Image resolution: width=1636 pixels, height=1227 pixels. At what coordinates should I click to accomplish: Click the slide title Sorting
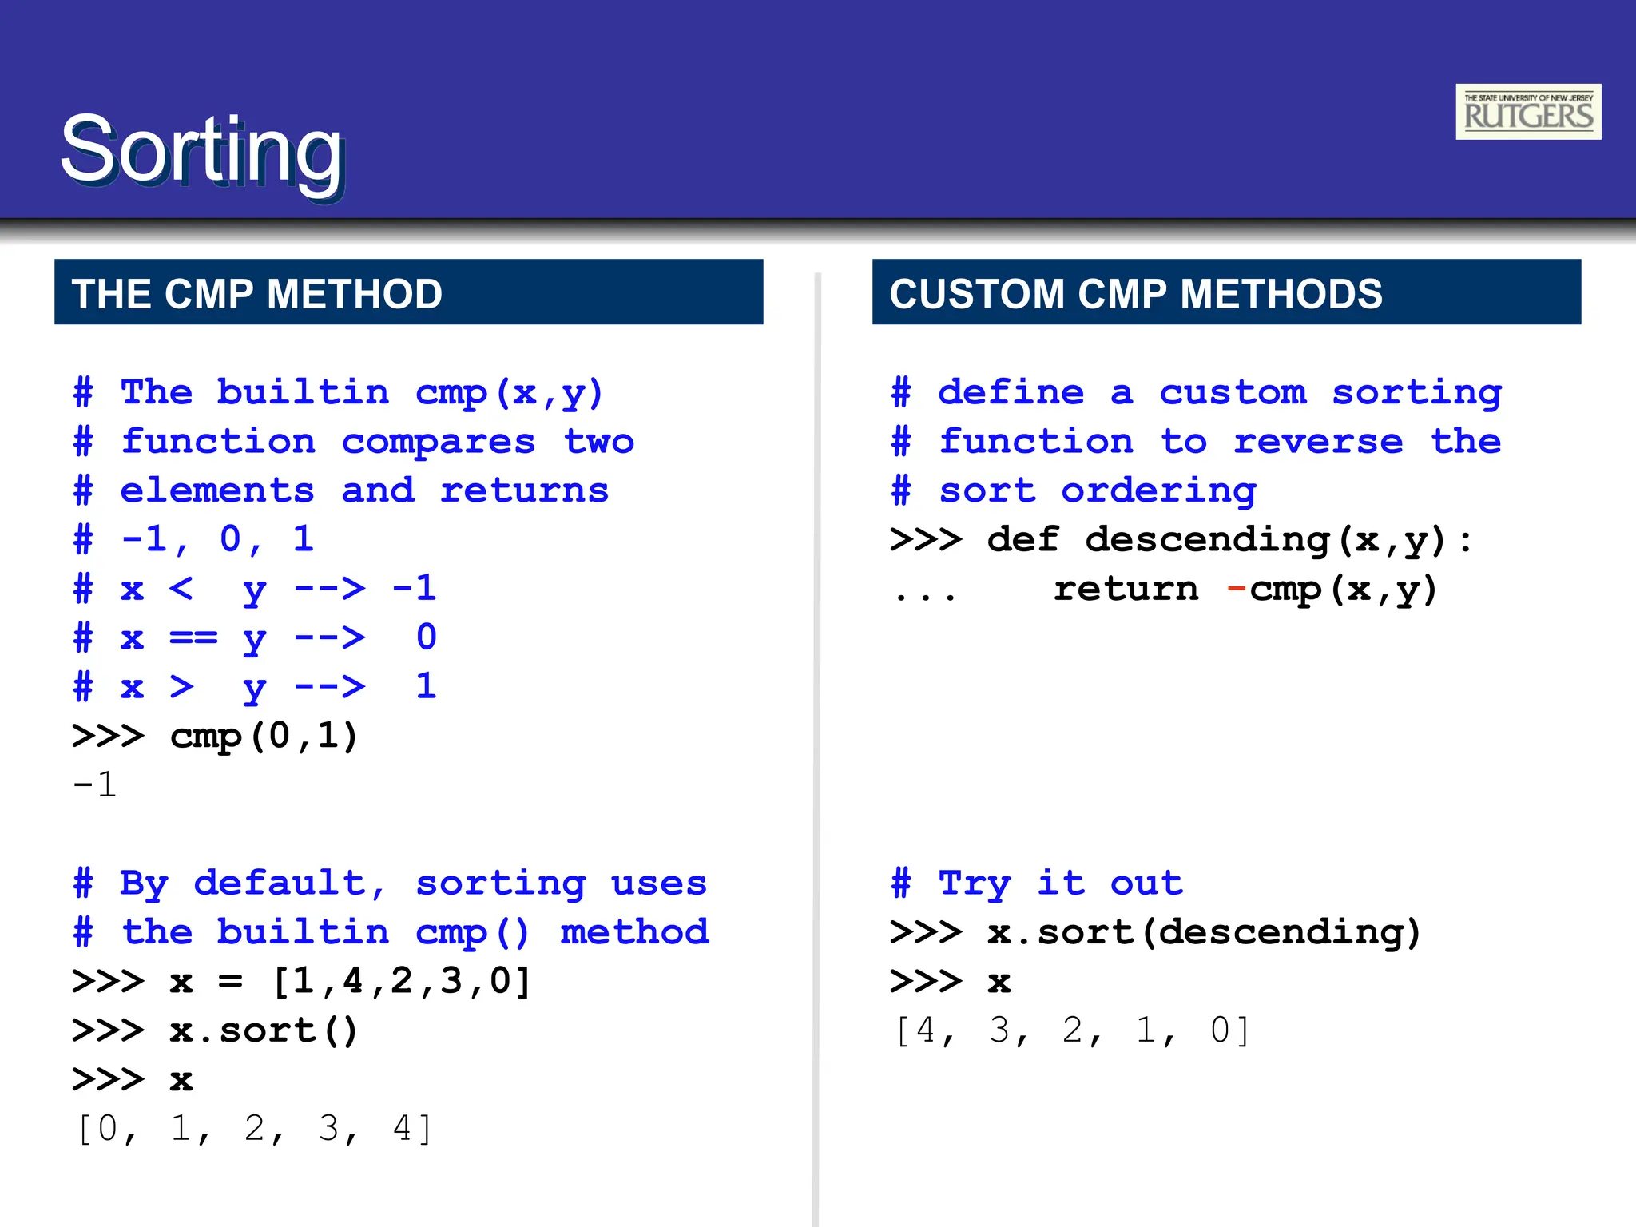(x=202, y=151)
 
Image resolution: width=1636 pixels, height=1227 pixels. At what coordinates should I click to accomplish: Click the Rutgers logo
(x=1527, y=112)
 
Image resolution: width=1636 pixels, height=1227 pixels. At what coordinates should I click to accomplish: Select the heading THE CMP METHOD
(x=256, y=293)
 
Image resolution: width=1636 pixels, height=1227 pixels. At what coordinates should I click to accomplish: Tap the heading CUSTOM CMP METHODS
(x=1135, y=293)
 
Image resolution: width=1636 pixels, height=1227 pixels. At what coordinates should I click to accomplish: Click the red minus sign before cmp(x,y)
(x=1236, y=590)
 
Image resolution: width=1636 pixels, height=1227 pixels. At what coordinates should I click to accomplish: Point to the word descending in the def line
(x=1208, y=540)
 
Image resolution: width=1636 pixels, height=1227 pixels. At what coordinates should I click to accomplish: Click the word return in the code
(x=1126, y=590)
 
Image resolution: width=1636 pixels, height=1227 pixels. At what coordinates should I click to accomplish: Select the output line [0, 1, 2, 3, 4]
(x=254, y=1129)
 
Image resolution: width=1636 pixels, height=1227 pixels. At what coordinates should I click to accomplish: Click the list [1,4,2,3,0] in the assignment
(x=402, y=982)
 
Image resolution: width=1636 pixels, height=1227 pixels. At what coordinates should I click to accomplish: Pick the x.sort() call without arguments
(x=264, y=1030)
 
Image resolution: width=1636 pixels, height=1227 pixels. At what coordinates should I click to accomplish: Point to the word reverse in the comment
(x=1318, y=442)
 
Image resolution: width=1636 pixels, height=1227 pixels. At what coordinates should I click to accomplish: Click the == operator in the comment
(x=193, y=638)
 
